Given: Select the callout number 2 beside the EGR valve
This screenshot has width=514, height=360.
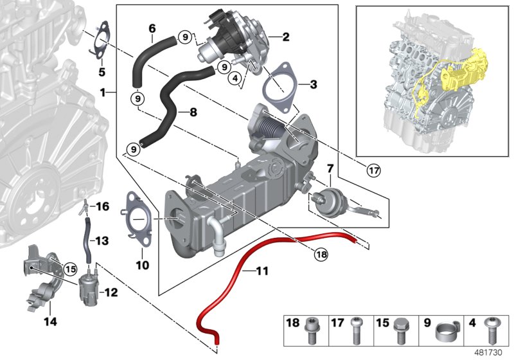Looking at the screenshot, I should coord(285,37).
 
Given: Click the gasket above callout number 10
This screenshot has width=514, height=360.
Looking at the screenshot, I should coord(136,219).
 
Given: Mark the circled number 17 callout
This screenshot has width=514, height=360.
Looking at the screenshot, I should coord(373,170).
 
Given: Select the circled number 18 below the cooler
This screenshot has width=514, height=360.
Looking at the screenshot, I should coord(321,254).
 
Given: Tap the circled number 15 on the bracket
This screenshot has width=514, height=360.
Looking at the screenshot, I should coord(69,268).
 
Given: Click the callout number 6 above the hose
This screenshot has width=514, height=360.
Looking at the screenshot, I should coord(152,28).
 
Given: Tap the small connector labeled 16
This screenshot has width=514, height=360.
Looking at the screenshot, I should coord(84,206).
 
